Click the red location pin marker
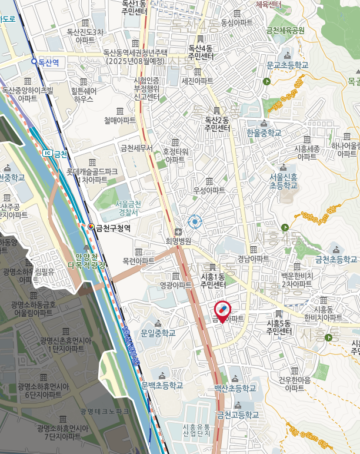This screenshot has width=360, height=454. pyautogui.click(x=222, y=309)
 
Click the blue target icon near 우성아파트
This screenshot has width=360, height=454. pyautogui.click(x=195, y=221)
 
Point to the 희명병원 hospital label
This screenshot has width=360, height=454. pyautogui.click(x=179, y=241)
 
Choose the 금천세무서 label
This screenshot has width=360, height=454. pyautogui.click(x=136, y=148)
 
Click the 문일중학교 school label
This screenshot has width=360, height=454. pyautogui.click(x=158, y=333)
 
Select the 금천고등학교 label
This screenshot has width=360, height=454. pyautogui.click(x=238, y=415)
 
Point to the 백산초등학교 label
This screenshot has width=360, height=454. pyautogui.click(x=235, y=389)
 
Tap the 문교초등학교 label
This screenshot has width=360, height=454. pyautogui.click(x=287, y=65)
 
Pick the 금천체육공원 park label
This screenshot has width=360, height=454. pyautogui.click(x=285, y=30)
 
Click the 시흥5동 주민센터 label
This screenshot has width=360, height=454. pyautogui.click(x=279, y=327)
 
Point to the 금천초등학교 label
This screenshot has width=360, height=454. pyautogui.click(x=336, y=259)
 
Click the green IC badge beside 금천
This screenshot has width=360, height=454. pyautogui.click(x=47, y=153)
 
